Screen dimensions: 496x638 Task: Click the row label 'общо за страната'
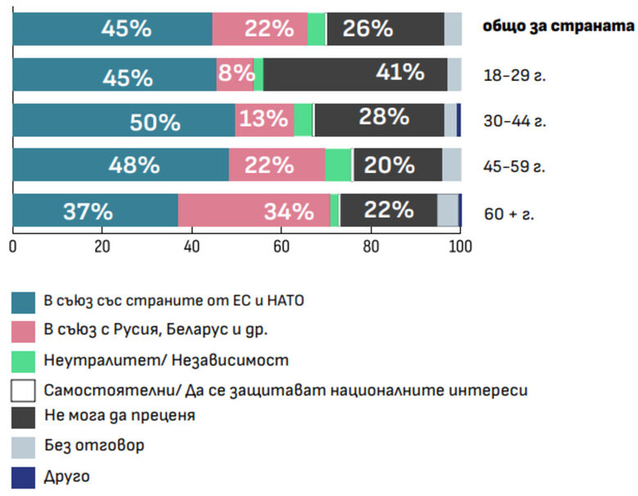click(558, 26)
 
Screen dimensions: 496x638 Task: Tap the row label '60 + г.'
click(510, 214)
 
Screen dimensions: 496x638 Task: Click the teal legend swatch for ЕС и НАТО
click(24, 302)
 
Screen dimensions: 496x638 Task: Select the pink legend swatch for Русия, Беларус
click(24, 331)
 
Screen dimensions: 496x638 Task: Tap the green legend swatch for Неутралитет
click(24, 360)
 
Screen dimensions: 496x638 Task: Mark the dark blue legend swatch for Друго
click(24, 477)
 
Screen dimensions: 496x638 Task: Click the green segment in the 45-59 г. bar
click(338, 165)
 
